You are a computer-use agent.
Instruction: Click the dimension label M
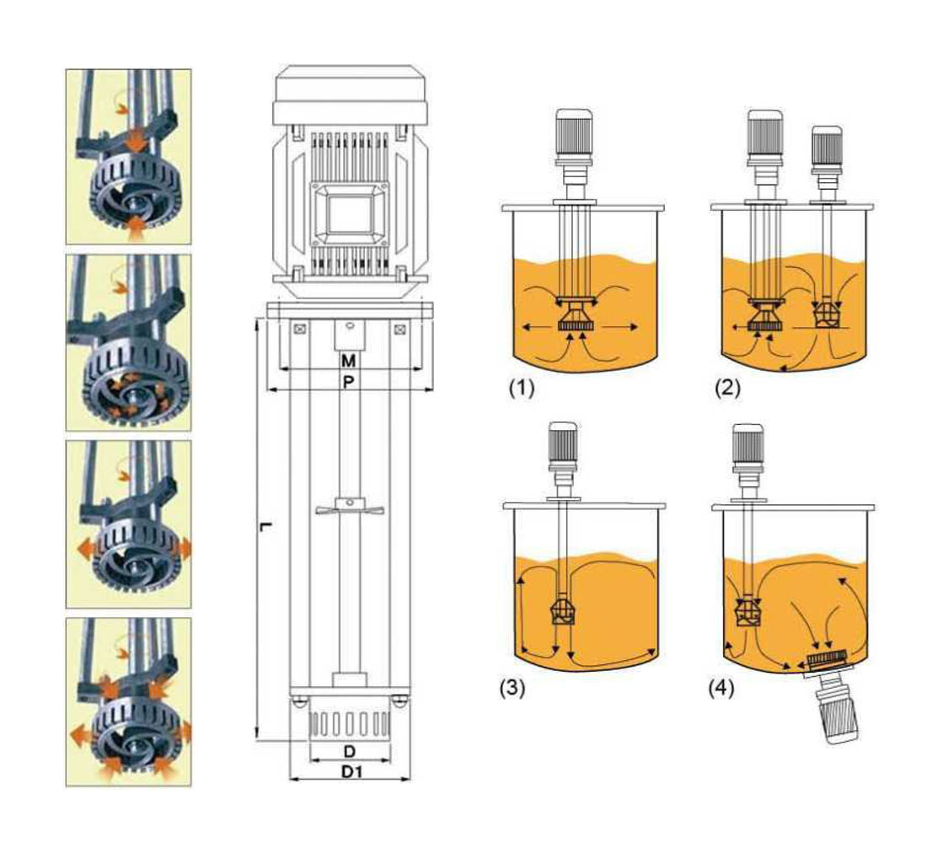coord(349,361)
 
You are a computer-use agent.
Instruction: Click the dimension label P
coord(349,382)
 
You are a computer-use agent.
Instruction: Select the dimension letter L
coord(265,528)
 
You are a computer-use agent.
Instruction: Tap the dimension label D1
coord(349,771)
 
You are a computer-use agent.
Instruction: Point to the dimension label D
coord(349,750)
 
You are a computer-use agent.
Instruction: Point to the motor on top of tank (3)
coord(564,446)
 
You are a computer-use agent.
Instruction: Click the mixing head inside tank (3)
coord(564,610)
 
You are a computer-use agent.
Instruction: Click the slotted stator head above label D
coord(349,726)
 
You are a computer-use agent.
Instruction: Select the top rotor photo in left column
coord(128,157)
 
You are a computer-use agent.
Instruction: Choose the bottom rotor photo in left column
coord(128,701)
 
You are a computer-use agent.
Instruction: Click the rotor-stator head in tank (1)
coord(576,319)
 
